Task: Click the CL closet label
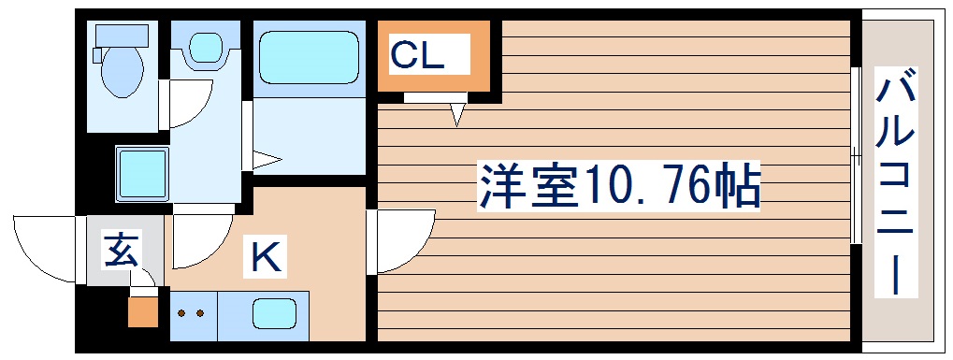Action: pos(416,56)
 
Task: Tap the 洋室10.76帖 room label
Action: pos(618,186)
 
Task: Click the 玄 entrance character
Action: pos(121,251)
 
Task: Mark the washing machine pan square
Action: pos(142,173)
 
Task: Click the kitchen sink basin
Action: pos(279,311)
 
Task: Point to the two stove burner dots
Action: pos(190,313)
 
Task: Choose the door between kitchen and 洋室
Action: pos(402,238)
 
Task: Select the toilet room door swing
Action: pos(191,103)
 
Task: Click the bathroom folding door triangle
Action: pos(265,161)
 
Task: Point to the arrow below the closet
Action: pos(456,114)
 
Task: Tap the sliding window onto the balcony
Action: pos(856,155)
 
